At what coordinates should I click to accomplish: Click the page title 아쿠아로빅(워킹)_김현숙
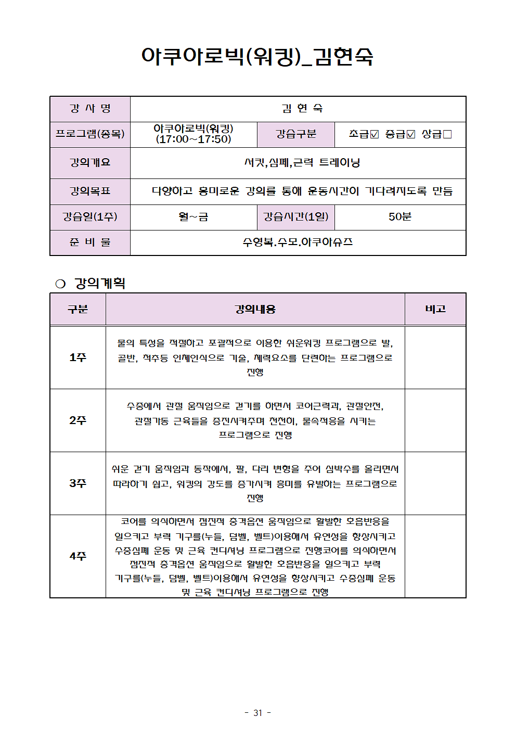click(x=257, y=56)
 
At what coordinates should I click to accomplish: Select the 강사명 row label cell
click(x=90, y=109)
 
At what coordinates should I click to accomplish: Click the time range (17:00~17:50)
click(x=193, y=139)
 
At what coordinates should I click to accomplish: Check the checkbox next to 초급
click(x=374, y=134)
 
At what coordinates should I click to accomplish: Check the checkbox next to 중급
click(x=410, y=134)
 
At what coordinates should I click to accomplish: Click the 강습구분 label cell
click(x=295, y=134)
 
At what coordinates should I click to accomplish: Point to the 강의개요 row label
click(x=90, y=163)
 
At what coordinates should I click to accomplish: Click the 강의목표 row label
click(x=90, y=191)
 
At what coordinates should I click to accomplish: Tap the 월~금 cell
click(x=193, y=217)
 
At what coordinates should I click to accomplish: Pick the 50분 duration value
click(x=399, y=217)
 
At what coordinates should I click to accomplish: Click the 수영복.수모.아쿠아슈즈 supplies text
click(x=298, y=242)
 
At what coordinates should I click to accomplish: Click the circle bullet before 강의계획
click(x=60, y=284)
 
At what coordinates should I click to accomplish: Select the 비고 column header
click(x=435, y=309)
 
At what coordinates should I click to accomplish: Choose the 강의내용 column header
click(x=255, y=309)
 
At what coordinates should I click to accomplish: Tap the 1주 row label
click(x=78, y=357)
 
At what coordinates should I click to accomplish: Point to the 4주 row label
click(x=78, y=556)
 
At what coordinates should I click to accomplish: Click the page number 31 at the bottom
click(x=257, y=713)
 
